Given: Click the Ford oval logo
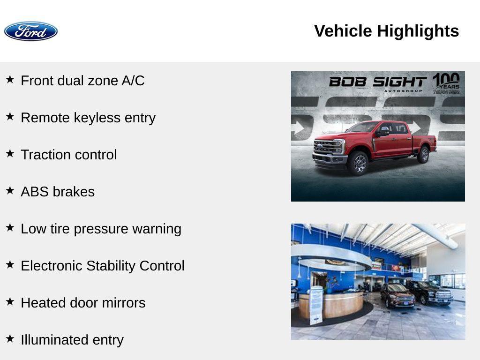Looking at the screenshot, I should pyautogui.click(x=31, y=31).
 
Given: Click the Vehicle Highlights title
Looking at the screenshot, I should pyautogui.click(x=386, y=31).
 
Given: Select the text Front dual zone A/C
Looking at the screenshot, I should pyautogui.click(x=82, y=81).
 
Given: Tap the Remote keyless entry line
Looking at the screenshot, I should pyautogui.click(x=88, y=118).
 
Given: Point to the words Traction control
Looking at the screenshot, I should pyautogui.click(x=68, y=155).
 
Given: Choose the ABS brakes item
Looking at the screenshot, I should pyautogui.click(x=58, y=192).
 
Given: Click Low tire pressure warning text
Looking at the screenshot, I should pyautogui.click(x=101, y=229).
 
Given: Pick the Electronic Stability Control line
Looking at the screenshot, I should pyautogui.click(x=103, y=266).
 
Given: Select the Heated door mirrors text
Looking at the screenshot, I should pyautogui.click(x=83, y=303).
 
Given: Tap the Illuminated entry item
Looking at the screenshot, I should pyautogui.click(x=72, y=340).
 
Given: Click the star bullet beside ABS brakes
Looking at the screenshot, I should pyautogui.click(x=10, y=191).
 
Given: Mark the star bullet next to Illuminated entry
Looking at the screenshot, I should pyautogui.click(x=10, y=339).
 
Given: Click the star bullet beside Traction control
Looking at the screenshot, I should pyautogui.click(x=10, y=154).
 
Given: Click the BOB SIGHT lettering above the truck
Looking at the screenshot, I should pyautogui.click(x=377, y=82).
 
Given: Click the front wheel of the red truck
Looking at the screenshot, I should pyautogui.click(x=359, y=163).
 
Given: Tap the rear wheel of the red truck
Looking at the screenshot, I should pyautogui.click(x=423, y=155).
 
